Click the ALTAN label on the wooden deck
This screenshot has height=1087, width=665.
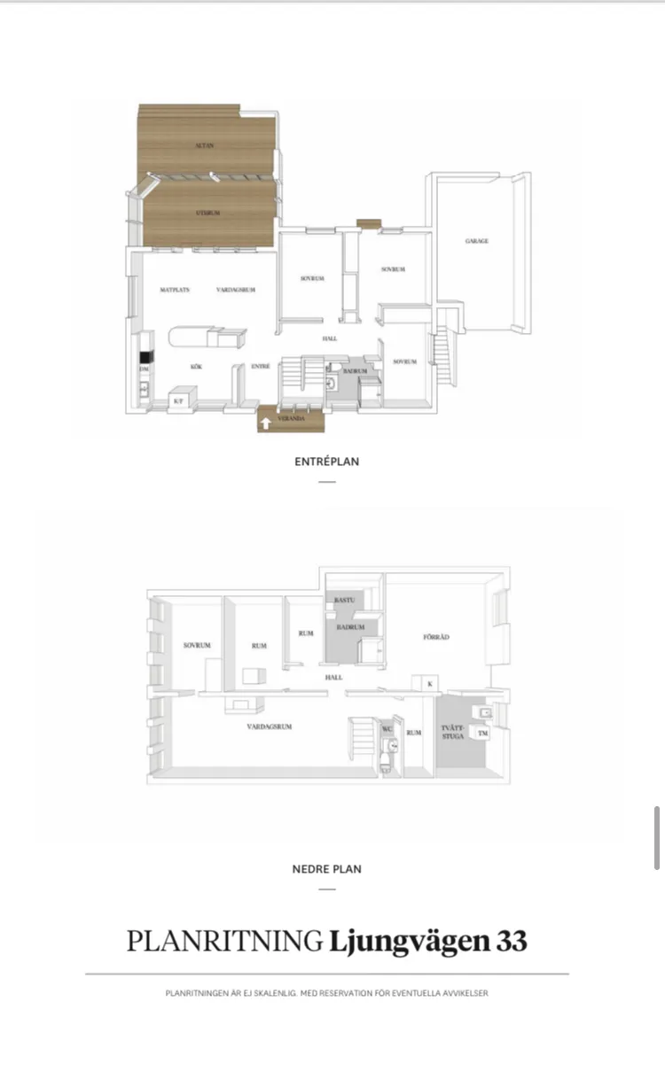[205, 145]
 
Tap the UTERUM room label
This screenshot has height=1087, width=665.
[207, 214]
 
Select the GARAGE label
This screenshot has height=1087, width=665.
[477, 241]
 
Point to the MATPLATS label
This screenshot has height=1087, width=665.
[175, 290]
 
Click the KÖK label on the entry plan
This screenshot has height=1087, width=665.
[197, 365]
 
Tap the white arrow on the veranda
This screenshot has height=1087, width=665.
[265, 423]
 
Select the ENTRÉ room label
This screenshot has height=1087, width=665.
[260, 365]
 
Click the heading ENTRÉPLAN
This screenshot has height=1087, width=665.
[327, 462]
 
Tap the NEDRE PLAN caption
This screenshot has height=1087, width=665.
[327, 869]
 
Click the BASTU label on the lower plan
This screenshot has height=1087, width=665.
[345, 601]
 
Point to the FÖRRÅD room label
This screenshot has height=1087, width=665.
[437, 636]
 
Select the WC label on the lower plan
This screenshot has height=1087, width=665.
[387, 729]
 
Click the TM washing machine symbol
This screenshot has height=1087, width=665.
[483, 734]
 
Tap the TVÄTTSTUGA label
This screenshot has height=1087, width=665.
[452, 733]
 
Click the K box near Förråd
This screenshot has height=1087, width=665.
[429, 684]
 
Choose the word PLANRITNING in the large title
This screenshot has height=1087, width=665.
[224, 941]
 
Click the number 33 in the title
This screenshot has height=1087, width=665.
[512, 941]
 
